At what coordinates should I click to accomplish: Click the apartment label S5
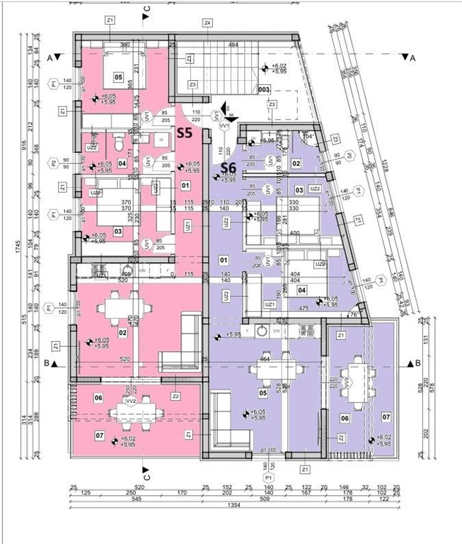185,132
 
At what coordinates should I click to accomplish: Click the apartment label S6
228,168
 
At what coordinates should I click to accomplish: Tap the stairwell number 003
263,90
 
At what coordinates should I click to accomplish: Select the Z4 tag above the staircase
207,23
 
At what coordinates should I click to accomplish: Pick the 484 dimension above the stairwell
233,45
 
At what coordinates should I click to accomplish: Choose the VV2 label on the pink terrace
130,402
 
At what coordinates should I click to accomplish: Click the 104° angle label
308,135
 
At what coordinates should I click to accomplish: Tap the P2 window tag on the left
53,163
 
